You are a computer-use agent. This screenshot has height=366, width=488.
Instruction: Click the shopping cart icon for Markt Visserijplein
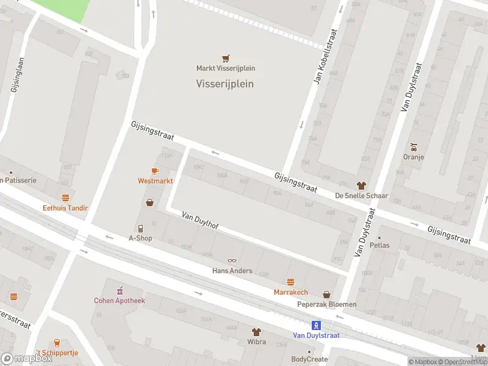226,59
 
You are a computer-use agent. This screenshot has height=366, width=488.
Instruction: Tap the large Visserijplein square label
224,84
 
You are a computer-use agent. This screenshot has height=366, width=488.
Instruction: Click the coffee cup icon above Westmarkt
155,171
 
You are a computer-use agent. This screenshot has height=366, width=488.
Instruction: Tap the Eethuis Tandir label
65,208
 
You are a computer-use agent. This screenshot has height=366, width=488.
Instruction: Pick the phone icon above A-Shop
140,228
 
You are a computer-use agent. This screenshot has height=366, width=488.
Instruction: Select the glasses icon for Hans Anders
232,261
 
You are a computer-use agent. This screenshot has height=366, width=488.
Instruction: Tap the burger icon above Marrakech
292,282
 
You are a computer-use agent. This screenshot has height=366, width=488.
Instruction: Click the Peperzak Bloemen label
326,304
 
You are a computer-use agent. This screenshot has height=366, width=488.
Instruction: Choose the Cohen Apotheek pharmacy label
120,300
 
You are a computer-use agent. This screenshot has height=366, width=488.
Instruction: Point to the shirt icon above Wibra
257,332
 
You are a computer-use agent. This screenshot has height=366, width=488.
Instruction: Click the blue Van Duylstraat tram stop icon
316,325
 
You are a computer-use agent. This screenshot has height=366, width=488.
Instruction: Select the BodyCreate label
310,359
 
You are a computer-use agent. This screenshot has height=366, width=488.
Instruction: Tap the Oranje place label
414,157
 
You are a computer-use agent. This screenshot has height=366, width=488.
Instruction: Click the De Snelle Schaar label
362,196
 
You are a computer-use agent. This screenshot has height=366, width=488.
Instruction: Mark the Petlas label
379,245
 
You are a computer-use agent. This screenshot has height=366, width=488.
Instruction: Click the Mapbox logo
27,359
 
